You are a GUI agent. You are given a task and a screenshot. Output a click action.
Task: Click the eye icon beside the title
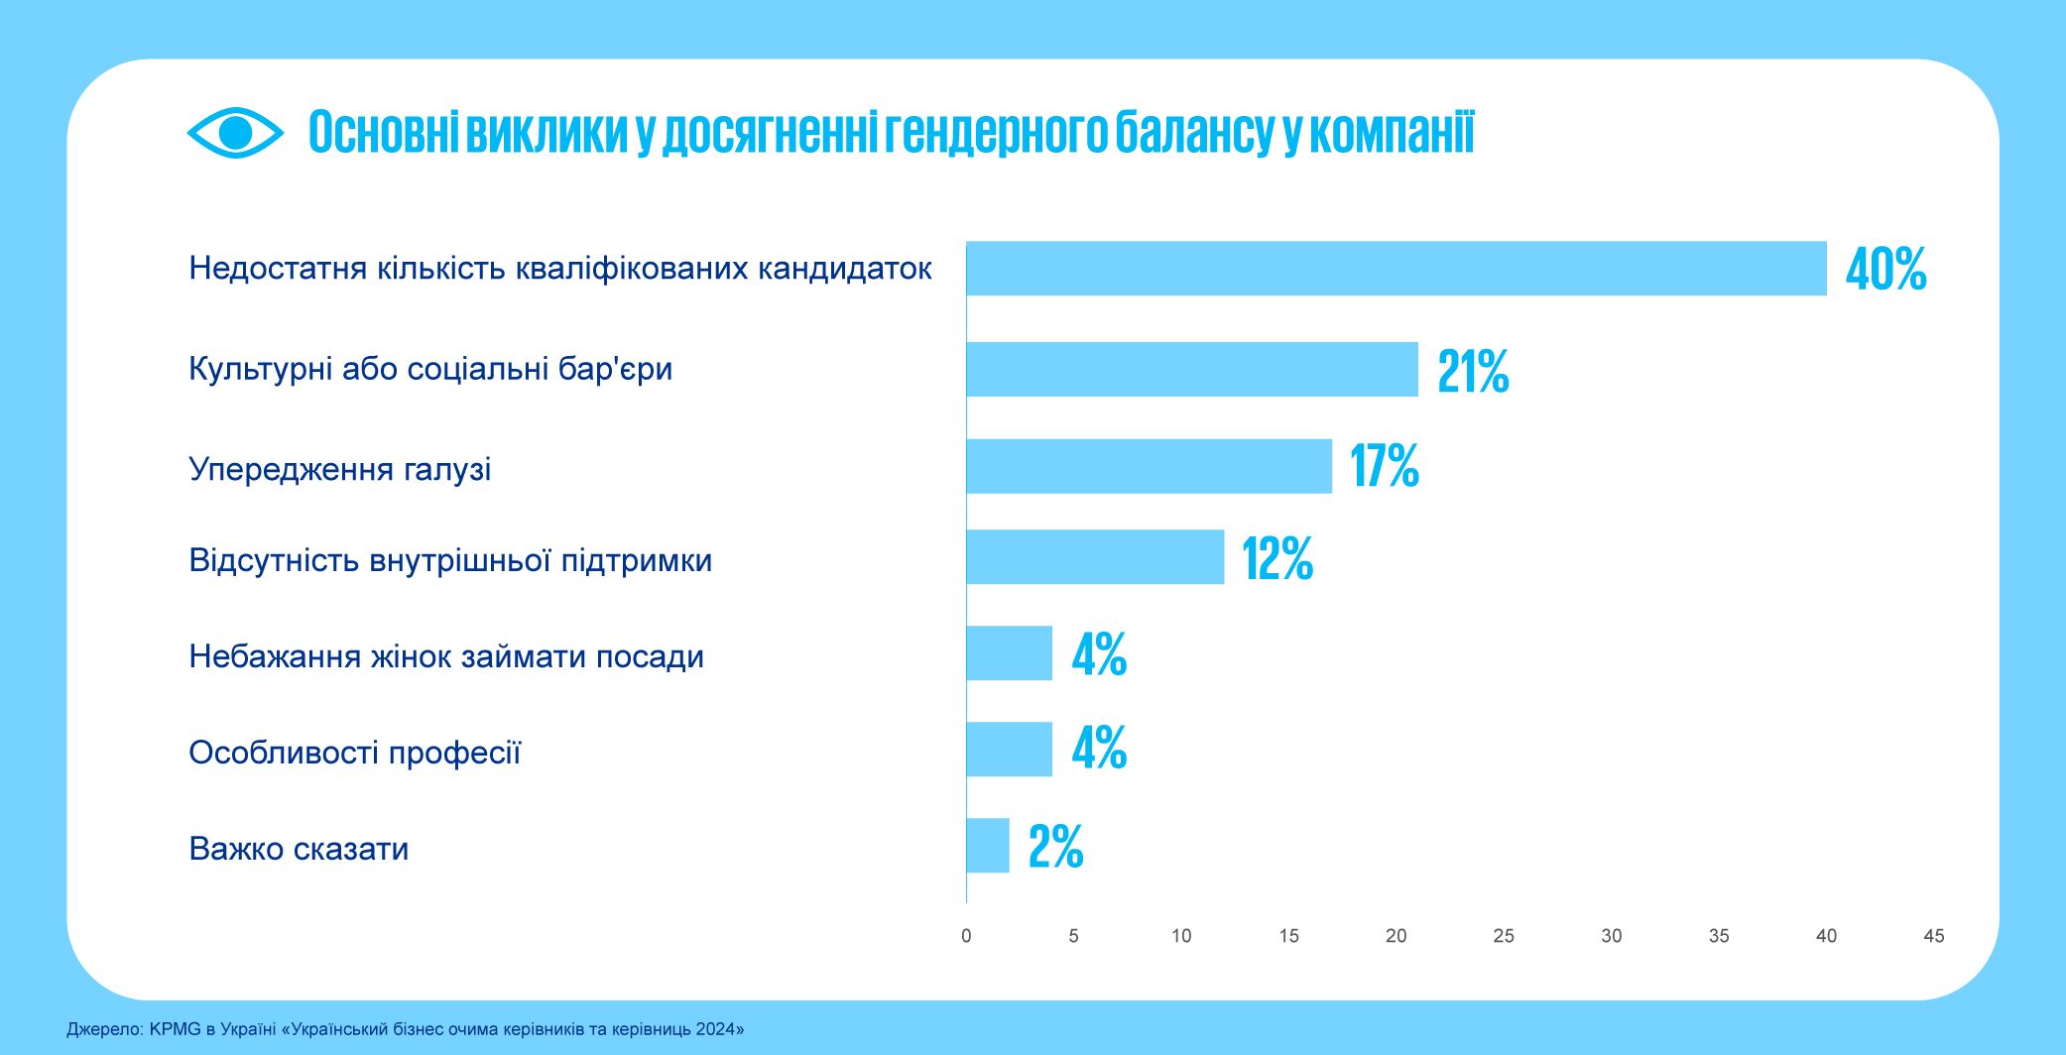click(x=235, y=133)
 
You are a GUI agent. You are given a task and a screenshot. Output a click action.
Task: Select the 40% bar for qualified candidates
click(x=1396, y=269)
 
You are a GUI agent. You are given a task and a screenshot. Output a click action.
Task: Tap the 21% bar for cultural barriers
click(x=1192, y=369)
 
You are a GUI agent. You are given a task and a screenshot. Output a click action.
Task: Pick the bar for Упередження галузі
click(x=1149, y=466)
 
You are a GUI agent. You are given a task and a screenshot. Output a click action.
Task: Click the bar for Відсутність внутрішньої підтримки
click(x=1095, y=557)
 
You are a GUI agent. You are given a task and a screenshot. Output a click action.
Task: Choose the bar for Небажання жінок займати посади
click(x=1009, y=653)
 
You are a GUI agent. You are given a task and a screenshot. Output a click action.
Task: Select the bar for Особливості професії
click(x=1009, y=750)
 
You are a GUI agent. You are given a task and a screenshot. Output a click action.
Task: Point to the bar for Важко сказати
click(x=988, y=846)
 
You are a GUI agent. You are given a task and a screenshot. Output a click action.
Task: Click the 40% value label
click(x=1885, y=270)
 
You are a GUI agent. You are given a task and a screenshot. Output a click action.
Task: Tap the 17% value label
click(x=1385, y=466)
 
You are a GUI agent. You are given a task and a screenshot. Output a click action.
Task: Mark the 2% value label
click(x=1055, y=847)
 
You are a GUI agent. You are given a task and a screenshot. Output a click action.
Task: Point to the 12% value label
click(x=1277, y=558)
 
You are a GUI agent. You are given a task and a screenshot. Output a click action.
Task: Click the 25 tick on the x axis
click(x=1504, y=936)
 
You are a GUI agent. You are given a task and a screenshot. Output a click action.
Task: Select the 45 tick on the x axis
click(x=1933, y=936)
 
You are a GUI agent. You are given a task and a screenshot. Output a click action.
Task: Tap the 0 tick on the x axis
click(x=966, y=936)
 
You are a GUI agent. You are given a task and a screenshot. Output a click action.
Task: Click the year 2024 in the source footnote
click(x=715, y=1029)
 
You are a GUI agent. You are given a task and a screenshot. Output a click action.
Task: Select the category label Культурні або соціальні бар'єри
click(x=430, y=369)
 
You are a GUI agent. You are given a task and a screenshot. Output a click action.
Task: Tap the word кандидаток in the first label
click(x=844, y=269)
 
